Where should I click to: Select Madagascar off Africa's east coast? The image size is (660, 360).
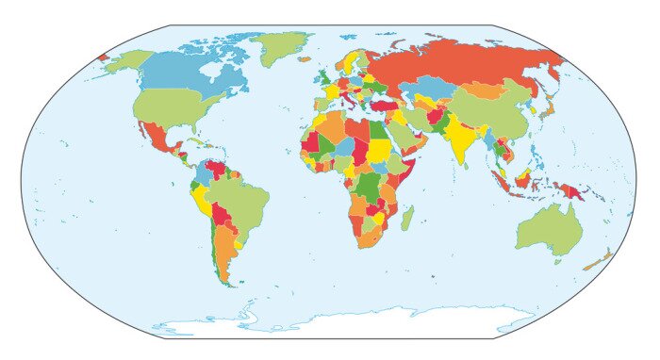click(406, 220)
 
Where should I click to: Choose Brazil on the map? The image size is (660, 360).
click(236, 199)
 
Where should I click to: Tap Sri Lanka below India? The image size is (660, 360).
click(468, 164)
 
